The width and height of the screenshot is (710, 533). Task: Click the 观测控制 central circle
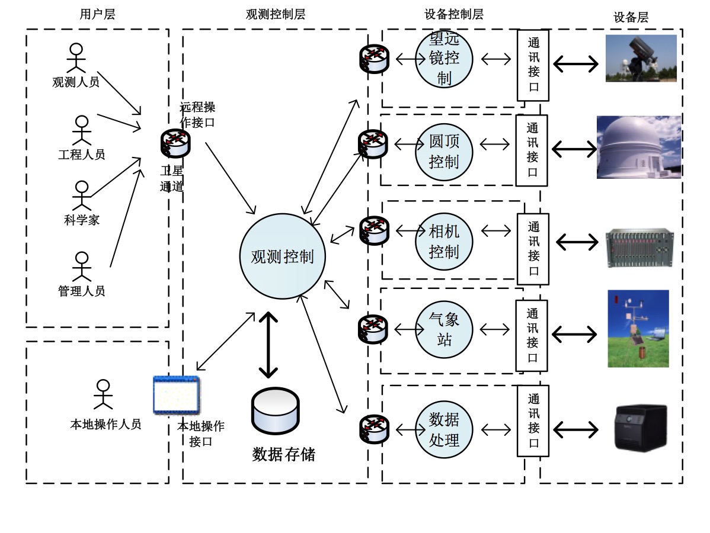coord(283,256)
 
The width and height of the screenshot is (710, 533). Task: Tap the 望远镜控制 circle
coord(444,59)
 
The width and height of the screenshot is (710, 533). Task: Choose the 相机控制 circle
coord(444,241)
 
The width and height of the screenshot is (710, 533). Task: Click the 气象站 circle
coord(444,329)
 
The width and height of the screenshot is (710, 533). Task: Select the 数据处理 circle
coord(444,429)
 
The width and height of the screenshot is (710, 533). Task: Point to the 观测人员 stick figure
coord(76,58)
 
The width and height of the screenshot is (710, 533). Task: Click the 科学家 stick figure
coord(82,195)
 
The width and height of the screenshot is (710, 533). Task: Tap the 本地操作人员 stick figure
coord(103,394)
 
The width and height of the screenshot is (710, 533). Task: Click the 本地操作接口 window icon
coord(176,395)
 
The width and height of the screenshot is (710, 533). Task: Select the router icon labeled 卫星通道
coord(175,143)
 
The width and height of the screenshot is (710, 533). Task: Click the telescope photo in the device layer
coord(641,58)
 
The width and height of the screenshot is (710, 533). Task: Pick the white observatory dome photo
coord(638,147)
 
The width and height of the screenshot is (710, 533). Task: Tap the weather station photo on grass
coord(638,328)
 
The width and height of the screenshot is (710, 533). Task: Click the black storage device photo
coord(640,428)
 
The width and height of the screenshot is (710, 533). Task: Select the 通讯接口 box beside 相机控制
coord(533,249)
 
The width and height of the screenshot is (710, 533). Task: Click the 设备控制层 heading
coord(453,14)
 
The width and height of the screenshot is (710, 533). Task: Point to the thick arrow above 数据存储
coord(268,345)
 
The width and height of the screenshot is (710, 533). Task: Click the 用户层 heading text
coord(97,14)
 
